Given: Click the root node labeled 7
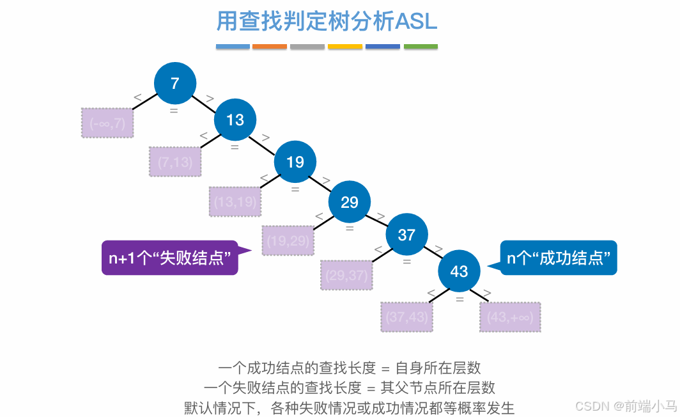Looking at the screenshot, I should click(x=175, y=83).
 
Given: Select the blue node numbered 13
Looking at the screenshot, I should click(x=235, y=120).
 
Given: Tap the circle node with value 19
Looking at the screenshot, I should click(x=295, y=162).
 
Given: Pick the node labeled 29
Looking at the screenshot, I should click(x=350, y=203).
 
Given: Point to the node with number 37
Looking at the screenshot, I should click(x=406, y=235).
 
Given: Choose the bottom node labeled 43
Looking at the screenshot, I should click(x=459, y=271).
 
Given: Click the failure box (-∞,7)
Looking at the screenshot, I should click(x=107, y=123).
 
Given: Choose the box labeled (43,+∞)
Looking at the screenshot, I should click(x=510, y=317).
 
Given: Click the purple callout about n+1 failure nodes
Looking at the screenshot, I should click(x=169, y=258).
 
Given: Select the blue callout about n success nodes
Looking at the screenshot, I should click(x=558, y=258).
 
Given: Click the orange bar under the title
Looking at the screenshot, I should click(x=270, y=47).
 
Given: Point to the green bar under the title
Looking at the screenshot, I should click(x=421, y=47).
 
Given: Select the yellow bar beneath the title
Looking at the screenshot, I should click(x=345, y=47).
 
